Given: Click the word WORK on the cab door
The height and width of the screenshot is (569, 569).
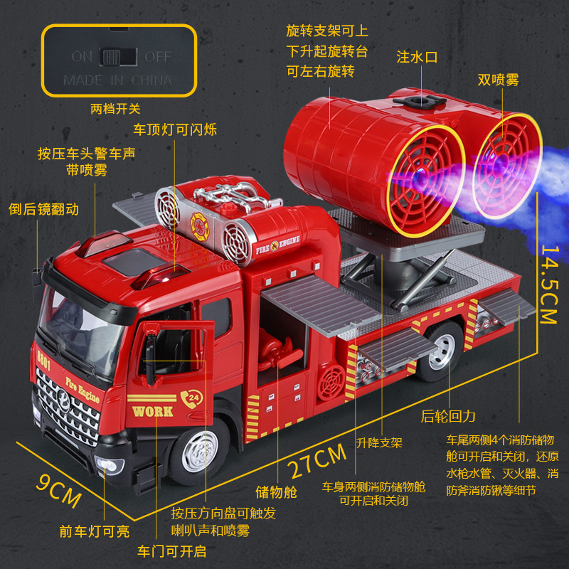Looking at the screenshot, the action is click(x=152, y=411).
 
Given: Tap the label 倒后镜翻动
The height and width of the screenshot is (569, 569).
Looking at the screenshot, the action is click(x=43, y=209).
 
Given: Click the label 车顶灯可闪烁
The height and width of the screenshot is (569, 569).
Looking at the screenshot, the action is click(x=175, y=129).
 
